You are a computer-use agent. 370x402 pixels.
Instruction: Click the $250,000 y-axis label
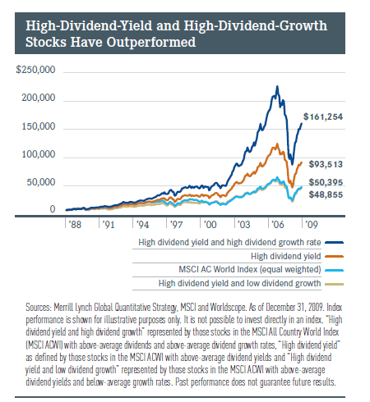pos(35,70)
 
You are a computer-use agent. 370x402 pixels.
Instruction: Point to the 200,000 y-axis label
pos(39,98)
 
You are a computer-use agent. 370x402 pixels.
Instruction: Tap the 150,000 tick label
pos(39,126)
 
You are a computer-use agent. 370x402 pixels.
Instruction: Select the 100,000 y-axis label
pos(39,154)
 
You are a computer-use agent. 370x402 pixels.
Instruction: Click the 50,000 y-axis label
pos(41,182)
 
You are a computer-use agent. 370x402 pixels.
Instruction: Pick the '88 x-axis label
pos(75,225)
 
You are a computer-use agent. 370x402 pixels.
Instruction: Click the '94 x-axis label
pos(142,225)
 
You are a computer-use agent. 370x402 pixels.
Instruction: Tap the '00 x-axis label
pos(210,225)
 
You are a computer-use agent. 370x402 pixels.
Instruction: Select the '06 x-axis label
pos(277,225)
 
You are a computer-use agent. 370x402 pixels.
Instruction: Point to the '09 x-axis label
pos(312,225)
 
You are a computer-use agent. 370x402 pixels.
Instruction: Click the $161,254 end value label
pos(323,116)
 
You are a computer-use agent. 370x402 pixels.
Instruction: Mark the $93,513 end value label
pos(326,164)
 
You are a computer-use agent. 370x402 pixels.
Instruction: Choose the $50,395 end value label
pos(326,182)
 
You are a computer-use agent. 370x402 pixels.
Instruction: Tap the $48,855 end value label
pos(326,194)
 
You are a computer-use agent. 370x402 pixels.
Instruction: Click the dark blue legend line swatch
pos(334,243)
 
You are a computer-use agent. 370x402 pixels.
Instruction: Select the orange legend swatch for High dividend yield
pos(334,257)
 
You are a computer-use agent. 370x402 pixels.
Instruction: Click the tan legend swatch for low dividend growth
pos(334,285)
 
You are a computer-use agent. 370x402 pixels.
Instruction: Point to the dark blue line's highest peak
pos(277,86)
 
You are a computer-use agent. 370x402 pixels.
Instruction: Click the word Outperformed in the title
pos(151,42)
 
